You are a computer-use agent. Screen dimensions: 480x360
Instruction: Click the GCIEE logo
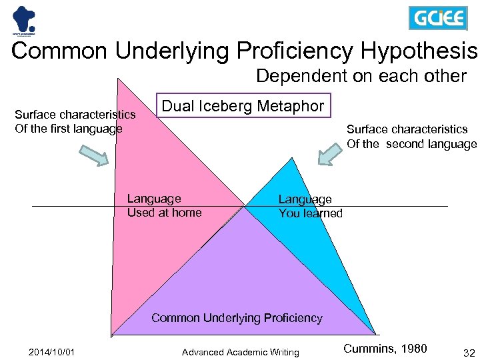[x=437, y=18]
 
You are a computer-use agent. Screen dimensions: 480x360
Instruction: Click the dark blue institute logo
[x=23, y=19]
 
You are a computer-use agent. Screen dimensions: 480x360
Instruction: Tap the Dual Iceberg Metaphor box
[x=243, y=105]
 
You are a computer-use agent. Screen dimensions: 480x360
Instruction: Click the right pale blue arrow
[x=332, y=153]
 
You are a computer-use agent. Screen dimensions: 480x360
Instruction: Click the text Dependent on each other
[x=361, y=76]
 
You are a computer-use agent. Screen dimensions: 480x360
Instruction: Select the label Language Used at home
[x=164, y=205]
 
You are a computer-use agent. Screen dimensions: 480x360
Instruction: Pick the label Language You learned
[x=310, y=206]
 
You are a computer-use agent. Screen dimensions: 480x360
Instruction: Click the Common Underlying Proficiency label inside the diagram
[x=237, y=318]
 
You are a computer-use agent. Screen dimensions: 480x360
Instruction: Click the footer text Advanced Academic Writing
[x=240, y=352]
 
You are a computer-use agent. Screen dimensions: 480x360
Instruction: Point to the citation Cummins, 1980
[x=385, y=348]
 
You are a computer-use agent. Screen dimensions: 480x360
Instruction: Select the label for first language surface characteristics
[x=75, y=122]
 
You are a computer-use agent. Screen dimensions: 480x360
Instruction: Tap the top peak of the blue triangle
[x=291, y=159]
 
